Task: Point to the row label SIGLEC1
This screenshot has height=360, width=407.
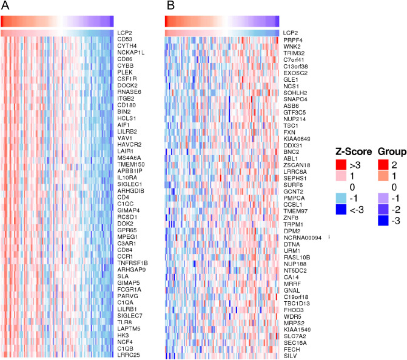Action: coord(130,184)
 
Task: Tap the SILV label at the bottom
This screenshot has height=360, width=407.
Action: coord(289,355)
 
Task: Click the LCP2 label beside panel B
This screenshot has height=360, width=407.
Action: coord(290,32)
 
